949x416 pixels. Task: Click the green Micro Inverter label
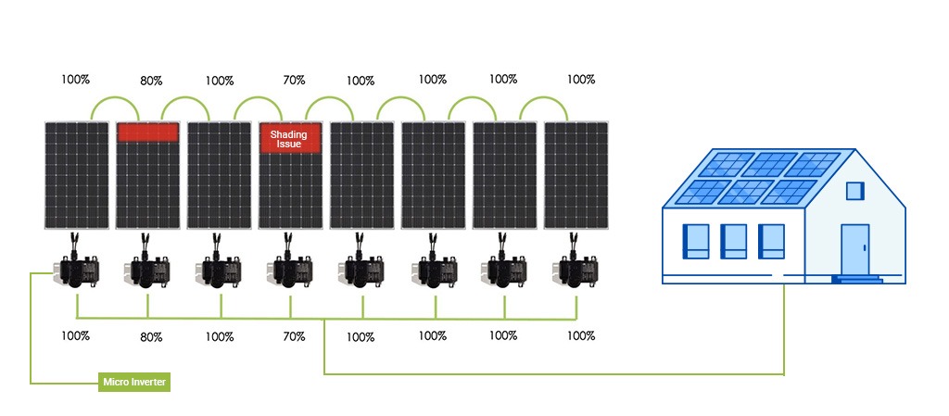click(134, 382)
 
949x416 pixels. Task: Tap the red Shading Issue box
click(289, 138)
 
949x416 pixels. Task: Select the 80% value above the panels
click(151, 81)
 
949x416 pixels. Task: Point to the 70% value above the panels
click(294, 80)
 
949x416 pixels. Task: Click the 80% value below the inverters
click(151, 337)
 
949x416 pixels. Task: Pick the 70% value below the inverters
click(294, 336)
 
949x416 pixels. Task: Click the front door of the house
click(855, 250)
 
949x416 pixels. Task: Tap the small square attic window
click(854, 191)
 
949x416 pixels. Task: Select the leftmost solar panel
click(76, 175)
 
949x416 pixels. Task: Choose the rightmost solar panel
click(576, 175)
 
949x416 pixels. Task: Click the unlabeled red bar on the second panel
click(147, 132)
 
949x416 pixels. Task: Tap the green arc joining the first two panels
click(115, 98)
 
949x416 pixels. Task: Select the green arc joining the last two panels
click(543, 98)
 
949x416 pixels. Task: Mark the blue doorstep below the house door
click(857, 279)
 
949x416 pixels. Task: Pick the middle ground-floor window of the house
click(733, 241)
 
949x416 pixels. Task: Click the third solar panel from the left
click(219, 175)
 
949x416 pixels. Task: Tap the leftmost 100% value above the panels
click(76, 79)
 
